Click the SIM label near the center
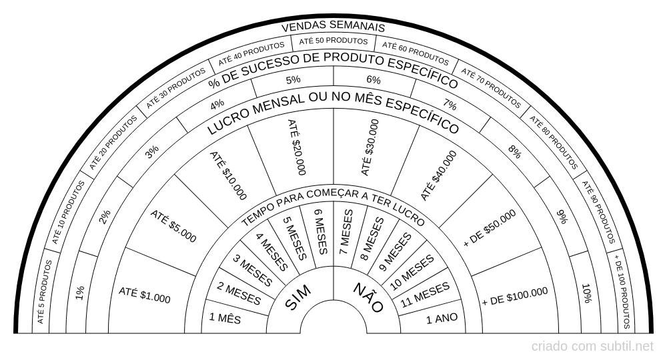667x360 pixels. (x=297, y=297)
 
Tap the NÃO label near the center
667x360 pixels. (x=369, y=297)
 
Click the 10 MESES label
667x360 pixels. (x=412, y=273)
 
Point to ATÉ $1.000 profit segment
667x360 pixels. (x=144, y=295)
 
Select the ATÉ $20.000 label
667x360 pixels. (x=297, y=147)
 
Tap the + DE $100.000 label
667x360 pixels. (x=515, y=297)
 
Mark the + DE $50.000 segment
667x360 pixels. (x=490, y=228)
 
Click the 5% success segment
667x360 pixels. (x=293, y=79)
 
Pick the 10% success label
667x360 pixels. (x=586, y=293)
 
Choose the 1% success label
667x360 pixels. (x=80, y=293)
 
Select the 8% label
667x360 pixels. (x=515, y=152)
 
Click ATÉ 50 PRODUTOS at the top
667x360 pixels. (x=333, y=41)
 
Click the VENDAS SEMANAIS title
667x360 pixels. (x=333, y=27)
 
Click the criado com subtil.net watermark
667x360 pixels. (x=592, y=347)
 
